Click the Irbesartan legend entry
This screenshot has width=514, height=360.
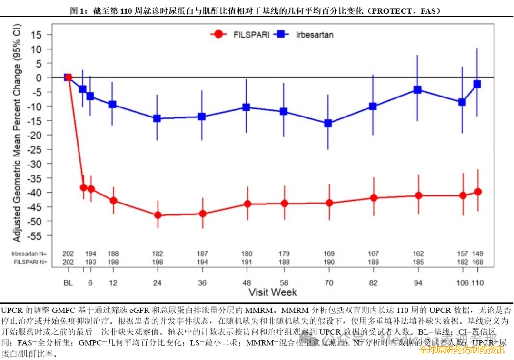[x=304, y=35]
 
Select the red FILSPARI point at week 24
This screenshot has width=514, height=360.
[x=158, y=215]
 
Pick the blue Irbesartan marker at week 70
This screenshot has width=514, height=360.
[x=328, y=123]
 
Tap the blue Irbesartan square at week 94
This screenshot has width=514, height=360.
[x=418, y=89]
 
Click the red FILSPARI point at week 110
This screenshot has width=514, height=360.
[x=478, y=192]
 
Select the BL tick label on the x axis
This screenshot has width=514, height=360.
[x=68, y=283]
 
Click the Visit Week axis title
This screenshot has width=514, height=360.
[x=273, y=292]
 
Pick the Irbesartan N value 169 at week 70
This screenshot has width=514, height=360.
[x=328, y=254]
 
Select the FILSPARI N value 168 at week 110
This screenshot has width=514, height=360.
[x=478, y=262]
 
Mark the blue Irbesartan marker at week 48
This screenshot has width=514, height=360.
[x=247, y=107]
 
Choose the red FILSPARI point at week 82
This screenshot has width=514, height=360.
[x=373, y=198]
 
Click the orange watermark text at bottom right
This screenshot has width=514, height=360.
[x=462, y=350]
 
